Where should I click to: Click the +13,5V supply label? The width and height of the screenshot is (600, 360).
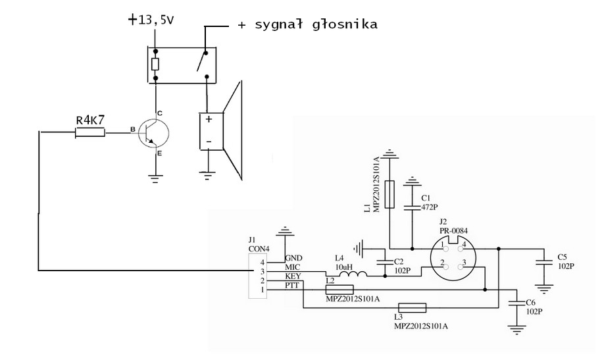pyautogui.click(x=151, y=20)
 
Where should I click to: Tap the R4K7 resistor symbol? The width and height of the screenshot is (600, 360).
pyautogui.click(x=90, y=132)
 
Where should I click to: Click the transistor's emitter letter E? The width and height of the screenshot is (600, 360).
pyautogui.click(x=160, y=153)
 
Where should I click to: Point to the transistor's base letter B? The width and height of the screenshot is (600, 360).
pyautogui.click(x=133, y=130)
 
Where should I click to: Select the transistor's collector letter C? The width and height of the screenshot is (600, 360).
pyautogui.click(x=160, y=113)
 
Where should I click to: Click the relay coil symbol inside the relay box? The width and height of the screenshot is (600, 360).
pyautogui.click(x=155, y=64)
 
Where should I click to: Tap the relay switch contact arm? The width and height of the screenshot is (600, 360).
pyautogui.click(x=202, y=61)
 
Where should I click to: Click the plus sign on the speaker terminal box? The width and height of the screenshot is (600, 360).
pyautogui.click(x=209, y=119)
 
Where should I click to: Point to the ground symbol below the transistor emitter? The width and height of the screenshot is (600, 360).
pyautogui.click(x=155, y=179)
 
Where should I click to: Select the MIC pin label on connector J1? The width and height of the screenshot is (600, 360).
pyautogui.click(x=293, y=267)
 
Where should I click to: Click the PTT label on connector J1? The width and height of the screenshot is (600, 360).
pyautogui.click(x=292, y=286)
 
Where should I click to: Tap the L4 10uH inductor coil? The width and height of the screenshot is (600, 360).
pyautogui.click(x=353, y=273)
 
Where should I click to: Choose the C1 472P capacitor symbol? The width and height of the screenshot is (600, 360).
pyautogui.click(x=412, y=207)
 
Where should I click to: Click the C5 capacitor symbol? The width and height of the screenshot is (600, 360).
pyautogui.click(x=543, y=263)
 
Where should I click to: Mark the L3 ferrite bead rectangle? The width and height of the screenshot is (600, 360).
pyautogui.click(x=412, y=307)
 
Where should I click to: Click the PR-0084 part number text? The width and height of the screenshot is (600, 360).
pyautogui.click(x=453, y=231)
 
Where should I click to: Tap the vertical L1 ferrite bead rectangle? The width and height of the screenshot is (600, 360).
pyautogui.click(x=389, y=194)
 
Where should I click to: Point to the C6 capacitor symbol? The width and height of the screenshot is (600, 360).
pyautogui.click(x=516, y=302)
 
